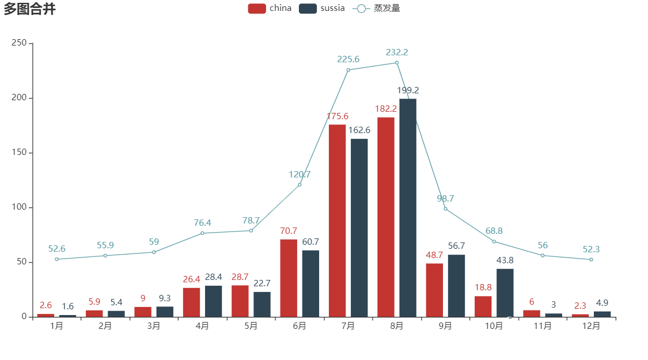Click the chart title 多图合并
point(29,9)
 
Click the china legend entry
point(270,8)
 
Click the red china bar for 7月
point(337,220)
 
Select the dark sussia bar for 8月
point(408,207)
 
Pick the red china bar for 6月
point(289,278)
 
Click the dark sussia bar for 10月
point(505,292)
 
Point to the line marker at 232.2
point(397,62)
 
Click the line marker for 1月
point(56,259)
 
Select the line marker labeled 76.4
point(202,233)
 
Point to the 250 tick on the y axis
point(20,43)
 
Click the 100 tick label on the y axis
point(20,207)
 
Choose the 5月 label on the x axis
point(251,326)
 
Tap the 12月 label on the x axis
point(591,326)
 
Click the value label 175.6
point(338,116)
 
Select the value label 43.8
point(505,260)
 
